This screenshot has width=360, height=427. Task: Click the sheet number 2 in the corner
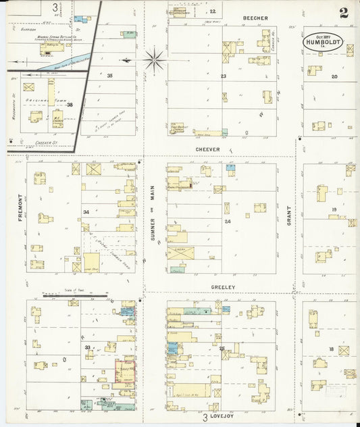(x=344, y=13)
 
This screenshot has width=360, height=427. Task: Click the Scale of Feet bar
(x=74, y=296)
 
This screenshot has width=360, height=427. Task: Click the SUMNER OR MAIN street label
(x=153, y=218)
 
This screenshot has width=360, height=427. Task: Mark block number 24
(x=228, y=222)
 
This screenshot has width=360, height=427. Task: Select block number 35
(x=109, y=76)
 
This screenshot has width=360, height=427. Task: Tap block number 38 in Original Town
(x=69, y=105)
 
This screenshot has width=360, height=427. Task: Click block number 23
(x=223, y=76)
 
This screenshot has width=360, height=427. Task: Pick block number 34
(x=86, y=212)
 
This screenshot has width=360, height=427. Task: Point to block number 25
(x=222, y=348)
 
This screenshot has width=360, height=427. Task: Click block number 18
(x=331, y=349)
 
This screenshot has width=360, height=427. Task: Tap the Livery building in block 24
(x=180, y=253)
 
